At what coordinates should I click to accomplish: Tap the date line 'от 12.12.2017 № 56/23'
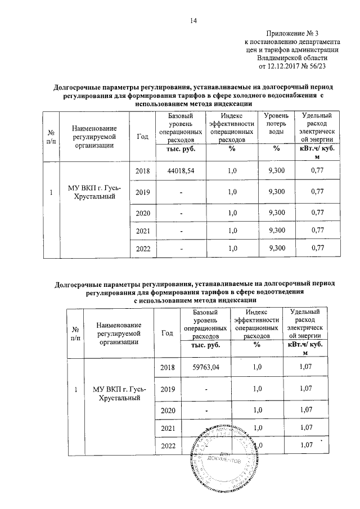292,66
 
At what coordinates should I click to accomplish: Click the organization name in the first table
94,192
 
